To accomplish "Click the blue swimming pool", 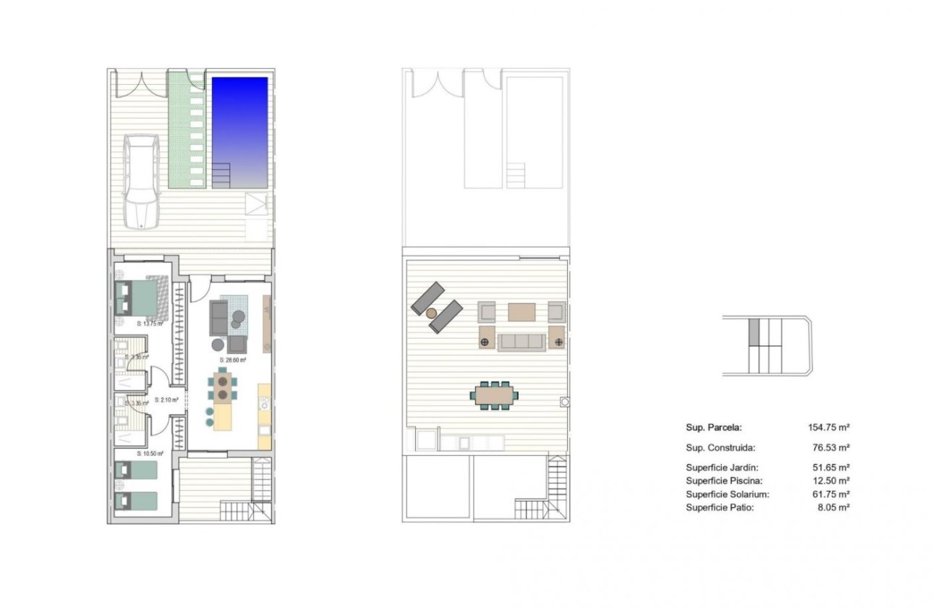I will [x=239, y=123].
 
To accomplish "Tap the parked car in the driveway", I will [x=142, y=180].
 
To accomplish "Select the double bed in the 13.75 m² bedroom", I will [x=141, y=296].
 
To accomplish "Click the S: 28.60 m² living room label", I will [x=233, y=360].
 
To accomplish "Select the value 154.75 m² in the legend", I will [x=828, y=428].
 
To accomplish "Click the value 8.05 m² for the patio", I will [x=833, y=507].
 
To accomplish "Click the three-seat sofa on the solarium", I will [x=521, y=341].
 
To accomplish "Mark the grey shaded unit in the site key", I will [x=753, y=332].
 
